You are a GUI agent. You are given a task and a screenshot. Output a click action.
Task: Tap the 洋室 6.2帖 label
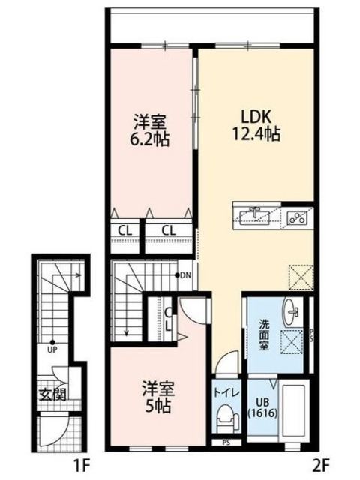point(150,129)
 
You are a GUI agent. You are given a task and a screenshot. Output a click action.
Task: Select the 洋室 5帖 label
point(158,397)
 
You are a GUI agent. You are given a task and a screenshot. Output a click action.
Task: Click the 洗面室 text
point(265,331)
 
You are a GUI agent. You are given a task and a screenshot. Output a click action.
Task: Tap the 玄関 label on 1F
point(52,394)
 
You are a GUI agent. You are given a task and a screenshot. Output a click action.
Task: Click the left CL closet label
point(124,230)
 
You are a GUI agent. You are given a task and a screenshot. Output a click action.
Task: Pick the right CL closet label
point(169,230)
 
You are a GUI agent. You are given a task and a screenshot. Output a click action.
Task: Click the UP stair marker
point(52,348)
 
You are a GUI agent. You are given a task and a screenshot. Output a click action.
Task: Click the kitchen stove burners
point(296,217)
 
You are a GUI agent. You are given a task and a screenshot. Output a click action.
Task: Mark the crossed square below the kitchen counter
point(299,275)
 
